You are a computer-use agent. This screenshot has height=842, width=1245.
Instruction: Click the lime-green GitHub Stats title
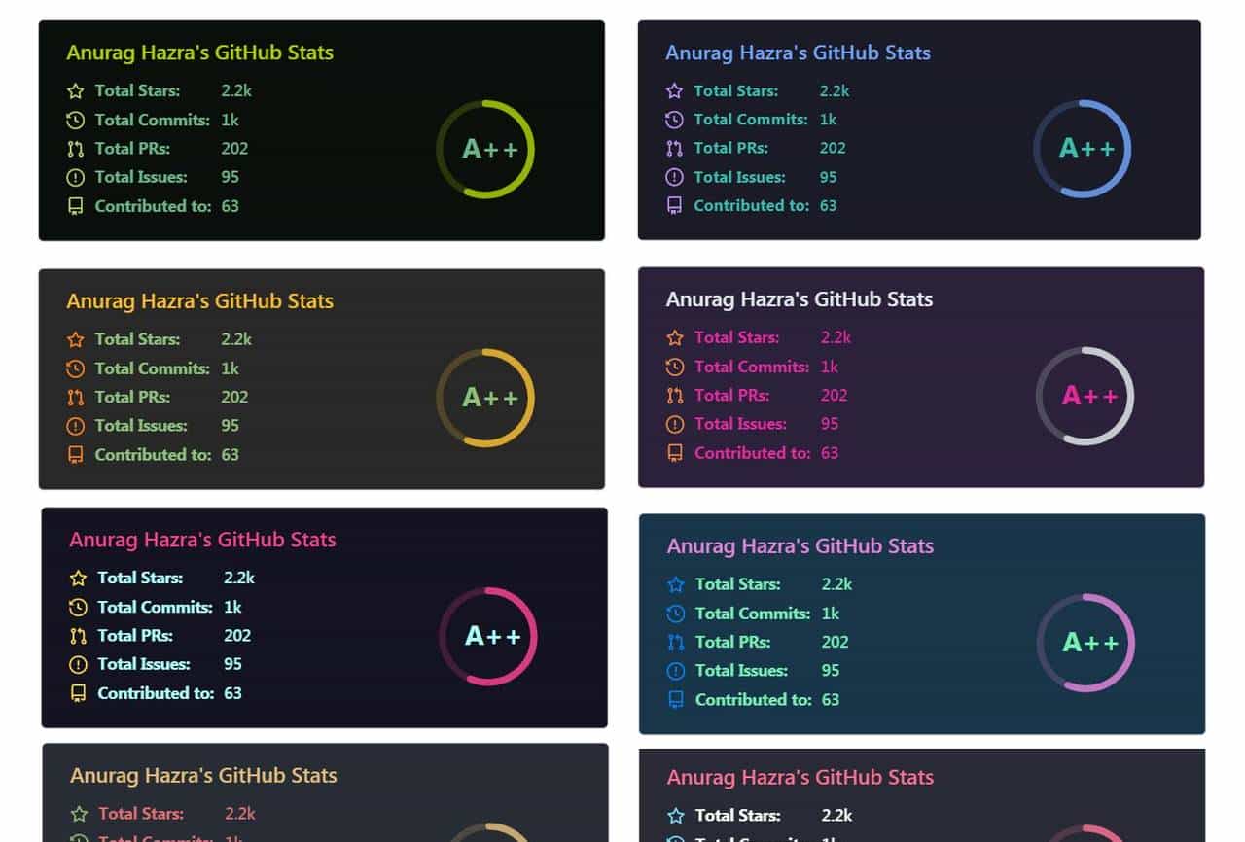point(199,53)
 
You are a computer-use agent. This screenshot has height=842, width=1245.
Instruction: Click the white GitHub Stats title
point(799,299)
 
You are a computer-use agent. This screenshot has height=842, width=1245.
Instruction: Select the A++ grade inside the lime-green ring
point(489,149)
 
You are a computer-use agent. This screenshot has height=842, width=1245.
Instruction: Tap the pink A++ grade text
point(1089,396)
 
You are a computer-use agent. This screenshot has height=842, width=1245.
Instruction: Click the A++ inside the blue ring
point(1086,148)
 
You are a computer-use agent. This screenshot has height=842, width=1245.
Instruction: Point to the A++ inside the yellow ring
point(489,397)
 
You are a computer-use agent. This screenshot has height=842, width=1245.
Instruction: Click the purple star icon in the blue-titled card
point(674,90)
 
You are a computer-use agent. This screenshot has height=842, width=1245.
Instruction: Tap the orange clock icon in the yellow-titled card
point(75,368)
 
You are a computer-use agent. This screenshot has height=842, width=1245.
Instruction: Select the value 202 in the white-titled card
point(834,395)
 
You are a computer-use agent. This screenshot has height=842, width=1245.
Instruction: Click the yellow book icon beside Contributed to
point(78,693)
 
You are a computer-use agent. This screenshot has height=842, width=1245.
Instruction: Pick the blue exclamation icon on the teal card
point(676,671)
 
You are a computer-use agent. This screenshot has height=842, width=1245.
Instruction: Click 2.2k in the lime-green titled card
point(236,90)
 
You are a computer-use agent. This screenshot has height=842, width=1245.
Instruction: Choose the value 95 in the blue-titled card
point(828,177)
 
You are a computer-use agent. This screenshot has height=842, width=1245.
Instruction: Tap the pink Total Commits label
point(751,367)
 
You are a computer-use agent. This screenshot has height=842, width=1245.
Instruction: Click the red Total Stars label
point(140,814)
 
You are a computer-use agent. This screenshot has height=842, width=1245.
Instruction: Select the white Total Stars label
point(737,816)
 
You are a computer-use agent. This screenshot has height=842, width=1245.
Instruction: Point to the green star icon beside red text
point(79,814)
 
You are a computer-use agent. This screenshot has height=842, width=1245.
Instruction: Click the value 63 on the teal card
point(830,699)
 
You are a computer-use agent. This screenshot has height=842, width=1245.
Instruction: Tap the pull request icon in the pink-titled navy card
point(78,636)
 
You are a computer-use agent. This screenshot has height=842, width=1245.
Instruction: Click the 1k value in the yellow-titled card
point(230,368)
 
